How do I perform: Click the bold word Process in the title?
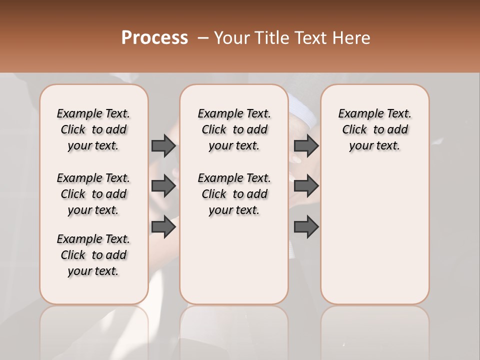[154, 38]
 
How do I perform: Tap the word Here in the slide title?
[351, 38]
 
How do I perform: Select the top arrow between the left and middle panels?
[163, 145]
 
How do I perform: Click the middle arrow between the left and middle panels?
[163, 186]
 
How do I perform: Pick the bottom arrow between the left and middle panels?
[163, 227]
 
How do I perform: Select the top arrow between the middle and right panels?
[306, 145]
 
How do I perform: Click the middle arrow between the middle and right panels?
[306, 186]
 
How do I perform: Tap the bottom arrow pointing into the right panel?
[306, 227]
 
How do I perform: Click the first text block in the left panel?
[93, 129]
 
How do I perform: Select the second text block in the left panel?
[93, 194]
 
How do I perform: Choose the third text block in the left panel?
[93, 255]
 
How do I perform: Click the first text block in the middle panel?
[234, 129]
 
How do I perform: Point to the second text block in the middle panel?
[234, 194]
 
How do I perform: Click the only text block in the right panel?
[374, 129]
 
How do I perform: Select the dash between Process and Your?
[203, 38]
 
